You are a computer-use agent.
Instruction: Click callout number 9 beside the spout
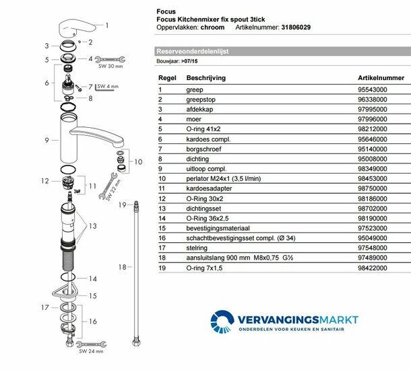coord(46,140)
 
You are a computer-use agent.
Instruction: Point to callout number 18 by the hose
coord(123,267)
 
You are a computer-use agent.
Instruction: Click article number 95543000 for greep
coord(373,89)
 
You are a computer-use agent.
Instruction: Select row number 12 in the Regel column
coord(162,199)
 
